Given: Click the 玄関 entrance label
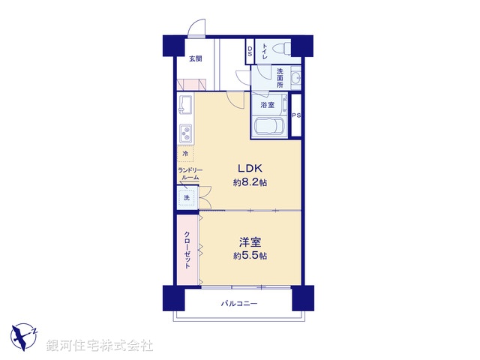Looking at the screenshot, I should click(195, 58).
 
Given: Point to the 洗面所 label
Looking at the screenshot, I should click(278, 77).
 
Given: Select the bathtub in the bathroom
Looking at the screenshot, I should click(268, 127).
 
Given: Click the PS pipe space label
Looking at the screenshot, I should click(296, 115).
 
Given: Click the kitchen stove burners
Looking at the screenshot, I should click(186, 134).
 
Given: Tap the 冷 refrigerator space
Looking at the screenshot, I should click(185, 154).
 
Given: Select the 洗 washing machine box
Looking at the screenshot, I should click(187, 198).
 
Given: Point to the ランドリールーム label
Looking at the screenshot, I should click(189, 175).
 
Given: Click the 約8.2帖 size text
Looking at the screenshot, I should click(250, 183).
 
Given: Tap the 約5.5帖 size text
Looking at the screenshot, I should click(250, 256).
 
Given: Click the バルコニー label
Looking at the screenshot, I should click(239, 304).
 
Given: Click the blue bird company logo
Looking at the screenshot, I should click(24, 334).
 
